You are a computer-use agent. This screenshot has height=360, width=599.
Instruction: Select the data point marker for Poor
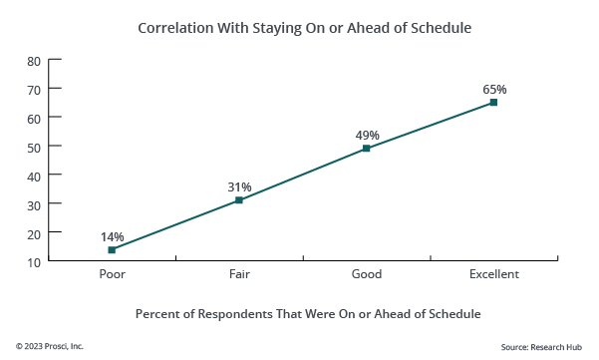(x=112, y=250)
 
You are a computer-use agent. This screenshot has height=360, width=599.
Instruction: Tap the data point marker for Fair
(x=239, y=200)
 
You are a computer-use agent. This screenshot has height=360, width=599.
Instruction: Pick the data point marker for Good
(x=367, y=149)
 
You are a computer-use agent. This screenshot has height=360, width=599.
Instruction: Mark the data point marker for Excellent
(x=493, y=102)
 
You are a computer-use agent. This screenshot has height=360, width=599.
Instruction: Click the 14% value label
(x=112, y=236)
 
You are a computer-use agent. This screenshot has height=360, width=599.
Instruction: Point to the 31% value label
(x=239, y=186)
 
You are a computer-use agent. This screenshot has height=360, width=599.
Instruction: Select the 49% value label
(x=367, y=135)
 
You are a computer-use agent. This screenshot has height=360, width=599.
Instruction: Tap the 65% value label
(x=494, y=89)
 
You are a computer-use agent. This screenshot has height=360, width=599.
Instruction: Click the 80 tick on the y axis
(x=33, y=61)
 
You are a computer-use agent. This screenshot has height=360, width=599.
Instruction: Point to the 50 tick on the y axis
(x=33, y=148)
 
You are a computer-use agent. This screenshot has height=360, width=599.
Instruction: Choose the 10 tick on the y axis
(x=33, y=262)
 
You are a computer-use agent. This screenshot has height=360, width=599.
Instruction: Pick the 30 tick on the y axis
(x=33, y=204)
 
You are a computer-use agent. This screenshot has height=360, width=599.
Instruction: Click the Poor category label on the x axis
(x=112, y=274)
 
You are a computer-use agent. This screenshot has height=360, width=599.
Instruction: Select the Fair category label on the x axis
(x=239, y=274)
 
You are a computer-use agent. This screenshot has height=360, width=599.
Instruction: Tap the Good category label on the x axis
(x=367, y=274)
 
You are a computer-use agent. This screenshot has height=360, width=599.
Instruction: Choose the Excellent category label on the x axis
(x=494, y=274)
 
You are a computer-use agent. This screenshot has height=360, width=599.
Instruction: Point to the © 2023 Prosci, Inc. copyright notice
(x=50, y=346)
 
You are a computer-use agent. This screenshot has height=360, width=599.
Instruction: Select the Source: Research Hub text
(x=542, y=346)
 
